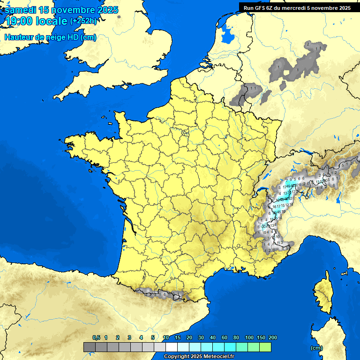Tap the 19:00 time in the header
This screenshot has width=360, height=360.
pos(17,21)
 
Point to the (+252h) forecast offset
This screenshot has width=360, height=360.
pos(84,21)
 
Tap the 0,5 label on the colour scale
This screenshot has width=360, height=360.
pos(96,337)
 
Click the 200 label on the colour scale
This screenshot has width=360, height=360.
pos(273,337)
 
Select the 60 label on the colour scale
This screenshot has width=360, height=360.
pos(225,337)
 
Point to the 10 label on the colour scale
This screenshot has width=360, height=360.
pos(166,337)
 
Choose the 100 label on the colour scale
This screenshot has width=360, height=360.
pos(249,337)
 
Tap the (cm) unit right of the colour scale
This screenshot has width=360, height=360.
pos(316,347)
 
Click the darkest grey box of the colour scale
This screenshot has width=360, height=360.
pos(90,347)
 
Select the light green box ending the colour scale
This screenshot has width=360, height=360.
pos(265,347)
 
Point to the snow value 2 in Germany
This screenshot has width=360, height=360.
pos(307,44)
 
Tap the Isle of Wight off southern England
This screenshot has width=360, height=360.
pos(124,84)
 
